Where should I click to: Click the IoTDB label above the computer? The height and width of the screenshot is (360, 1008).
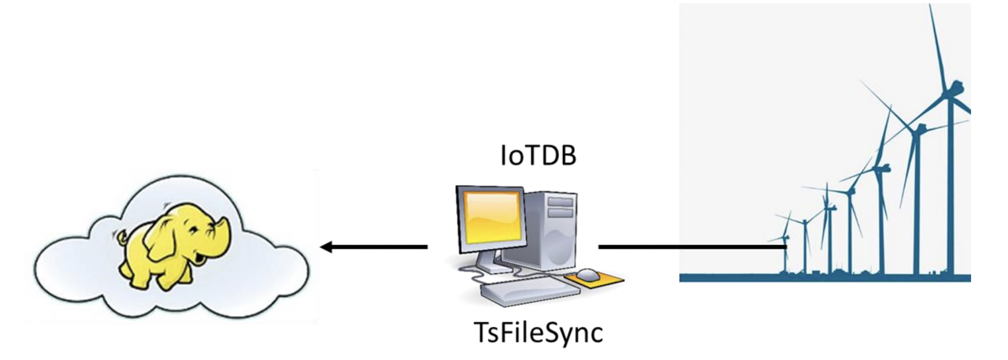coord(538,155)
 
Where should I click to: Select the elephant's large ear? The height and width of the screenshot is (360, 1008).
coord(169,233)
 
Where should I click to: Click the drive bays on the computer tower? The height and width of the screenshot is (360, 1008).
coord(561,207)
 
